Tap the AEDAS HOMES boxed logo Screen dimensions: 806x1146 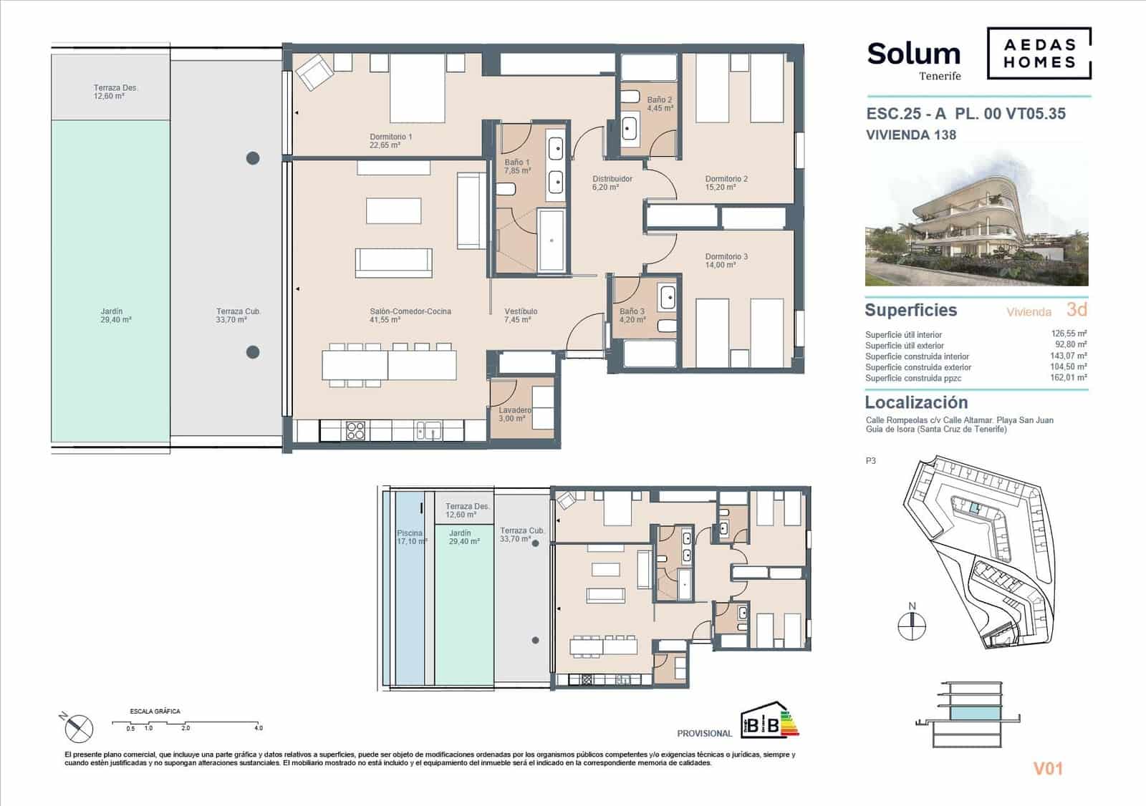coord(1039,54)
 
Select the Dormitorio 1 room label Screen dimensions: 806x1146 coord(390,140)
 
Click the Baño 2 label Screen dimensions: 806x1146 coord(660,105)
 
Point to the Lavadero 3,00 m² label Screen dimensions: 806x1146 coord(514,414)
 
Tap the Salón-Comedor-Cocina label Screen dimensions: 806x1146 coord(410,316)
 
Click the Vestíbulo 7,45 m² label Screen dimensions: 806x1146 coord(521,316)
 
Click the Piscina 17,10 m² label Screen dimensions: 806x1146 coord(411,537)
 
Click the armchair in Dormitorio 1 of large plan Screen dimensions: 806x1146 coord(314,72)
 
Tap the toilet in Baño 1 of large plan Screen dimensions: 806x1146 coord(505,190)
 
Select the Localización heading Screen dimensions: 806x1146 coord(916,402)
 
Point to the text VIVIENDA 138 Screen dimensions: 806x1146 coord(911,135)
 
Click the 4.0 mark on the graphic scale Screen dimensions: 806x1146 coord(258,728)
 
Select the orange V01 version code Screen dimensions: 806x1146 coord(1047,769)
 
